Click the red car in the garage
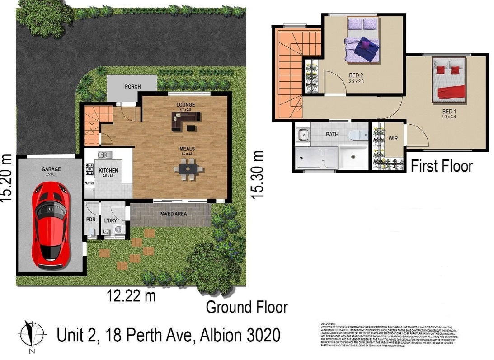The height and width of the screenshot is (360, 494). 50,224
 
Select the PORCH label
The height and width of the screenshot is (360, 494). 133,87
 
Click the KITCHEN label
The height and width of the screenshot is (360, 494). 108,170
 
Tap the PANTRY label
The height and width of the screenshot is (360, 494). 89,184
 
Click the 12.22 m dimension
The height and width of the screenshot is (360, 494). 131,296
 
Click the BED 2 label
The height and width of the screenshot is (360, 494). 356,75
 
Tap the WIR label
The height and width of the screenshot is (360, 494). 393,138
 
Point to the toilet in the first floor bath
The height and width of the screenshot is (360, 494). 356,134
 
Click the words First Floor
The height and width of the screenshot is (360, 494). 441,166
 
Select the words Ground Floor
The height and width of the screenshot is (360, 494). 247,308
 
